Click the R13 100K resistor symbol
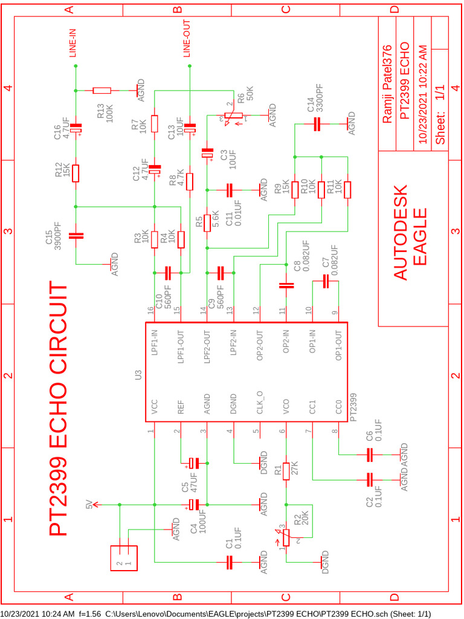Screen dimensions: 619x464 pos(101,91)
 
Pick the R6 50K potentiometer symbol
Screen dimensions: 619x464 pos(231,115)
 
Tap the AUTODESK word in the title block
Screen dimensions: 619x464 pos(401,232)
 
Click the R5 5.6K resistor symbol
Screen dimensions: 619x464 pos(207,222)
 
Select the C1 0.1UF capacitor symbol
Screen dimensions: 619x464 pos(229,562)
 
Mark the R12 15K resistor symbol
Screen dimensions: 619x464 pos(76,173)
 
